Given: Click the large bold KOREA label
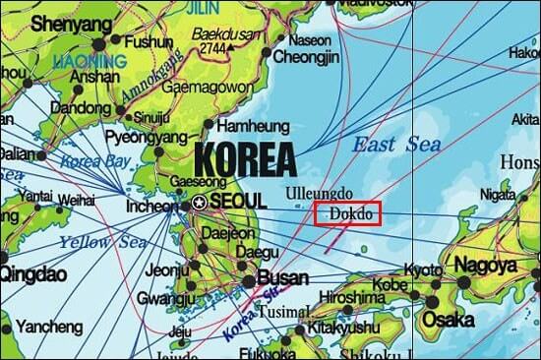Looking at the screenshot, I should point(245,157).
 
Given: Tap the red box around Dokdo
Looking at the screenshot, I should point(346,212).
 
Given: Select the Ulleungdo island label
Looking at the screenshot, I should point(317,193).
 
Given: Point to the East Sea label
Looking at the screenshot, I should point(396,145).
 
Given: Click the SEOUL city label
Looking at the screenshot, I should point(237,201).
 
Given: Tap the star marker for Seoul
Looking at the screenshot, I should point(200,202).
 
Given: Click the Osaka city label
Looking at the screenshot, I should point(449,320).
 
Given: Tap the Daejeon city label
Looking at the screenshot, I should point(227,234).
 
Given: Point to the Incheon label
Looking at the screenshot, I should point(151,208).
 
